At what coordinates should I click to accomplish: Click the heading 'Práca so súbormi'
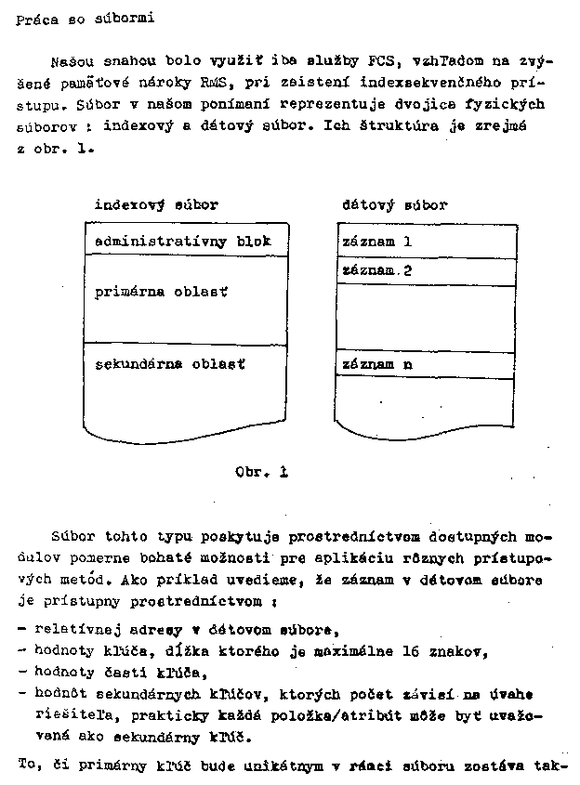click(x=79, y=20)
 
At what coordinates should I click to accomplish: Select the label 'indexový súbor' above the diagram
click(x=156, y=205)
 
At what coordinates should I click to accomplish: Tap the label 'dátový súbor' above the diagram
click(x=394, y=205)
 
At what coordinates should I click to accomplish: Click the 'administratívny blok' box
click(x=182, y=241)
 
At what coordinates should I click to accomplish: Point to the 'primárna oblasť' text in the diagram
click(x=161, y=292)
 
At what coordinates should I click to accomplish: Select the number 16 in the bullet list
click(x=404, y=652)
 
